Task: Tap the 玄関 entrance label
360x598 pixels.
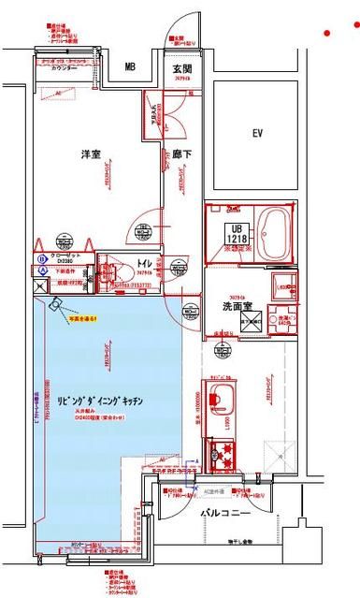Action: pos(182,68)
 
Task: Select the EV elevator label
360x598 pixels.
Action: pos(257,134)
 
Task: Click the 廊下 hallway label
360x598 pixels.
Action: pos(182,154)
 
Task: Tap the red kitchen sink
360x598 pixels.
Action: pos(221,393)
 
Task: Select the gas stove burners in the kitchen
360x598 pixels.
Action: pos(225,456)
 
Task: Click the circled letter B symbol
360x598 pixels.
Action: pos(42,256)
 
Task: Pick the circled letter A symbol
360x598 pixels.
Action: pos(42,269)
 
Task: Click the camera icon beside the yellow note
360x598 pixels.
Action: pos(58,303)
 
